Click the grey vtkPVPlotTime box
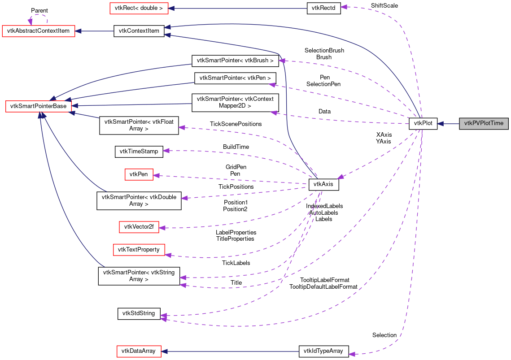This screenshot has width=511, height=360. click(484, 123)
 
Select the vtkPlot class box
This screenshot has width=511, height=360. click(423, 123)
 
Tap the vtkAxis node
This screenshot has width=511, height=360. click(323, 184)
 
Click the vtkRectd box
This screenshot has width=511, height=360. click(323, 8)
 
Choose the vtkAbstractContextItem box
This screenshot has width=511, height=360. click(39, 31)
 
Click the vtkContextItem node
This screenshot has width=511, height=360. click(139, 31)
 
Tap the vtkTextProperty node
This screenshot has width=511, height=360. click(139, 249)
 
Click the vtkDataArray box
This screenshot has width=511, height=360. click(139, 351)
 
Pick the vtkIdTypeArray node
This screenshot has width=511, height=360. click(323, 351)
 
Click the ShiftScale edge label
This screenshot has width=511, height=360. click(384, 5)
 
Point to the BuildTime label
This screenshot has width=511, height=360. click(236, 147)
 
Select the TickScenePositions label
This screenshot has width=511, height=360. click(236, 124)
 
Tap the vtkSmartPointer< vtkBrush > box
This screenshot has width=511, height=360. click(235, 60)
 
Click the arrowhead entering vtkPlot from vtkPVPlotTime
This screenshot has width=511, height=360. click(441, 123)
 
